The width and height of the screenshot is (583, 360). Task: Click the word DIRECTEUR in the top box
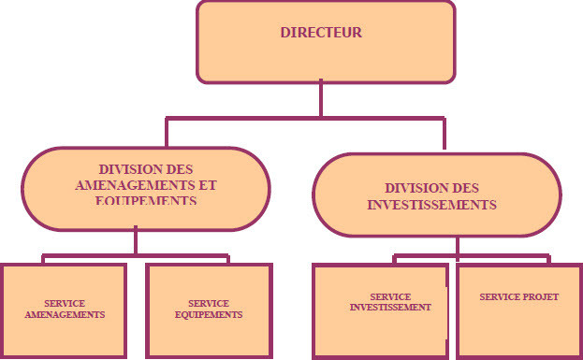[x=321, y=33]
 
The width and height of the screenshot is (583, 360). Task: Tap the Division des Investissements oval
[x=437, y=194]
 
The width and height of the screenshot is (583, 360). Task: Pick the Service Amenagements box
[x=64, y=310]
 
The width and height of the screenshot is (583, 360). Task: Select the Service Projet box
[x=518, y=310]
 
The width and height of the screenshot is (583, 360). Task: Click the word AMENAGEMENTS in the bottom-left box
[x=64, y=315]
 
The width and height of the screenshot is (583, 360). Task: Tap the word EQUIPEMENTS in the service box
[x=209, y=315]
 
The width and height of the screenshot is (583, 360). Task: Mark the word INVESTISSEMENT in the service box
[x=390, y=307]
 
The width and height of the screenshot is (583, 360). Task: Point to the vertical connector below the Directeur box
[x=321, y=98]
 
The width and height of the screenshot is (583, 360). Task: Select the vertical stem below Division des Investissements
[x=458, y=244]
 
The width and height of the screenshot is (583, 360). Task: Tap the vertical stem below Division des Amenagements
[x=137, y=241]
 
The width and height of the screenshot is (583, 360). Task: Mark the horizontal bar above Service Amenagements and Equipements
[x=137, y=254]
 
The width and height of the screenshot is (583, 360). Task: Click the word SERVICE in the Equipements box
[x=209, y=304]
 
